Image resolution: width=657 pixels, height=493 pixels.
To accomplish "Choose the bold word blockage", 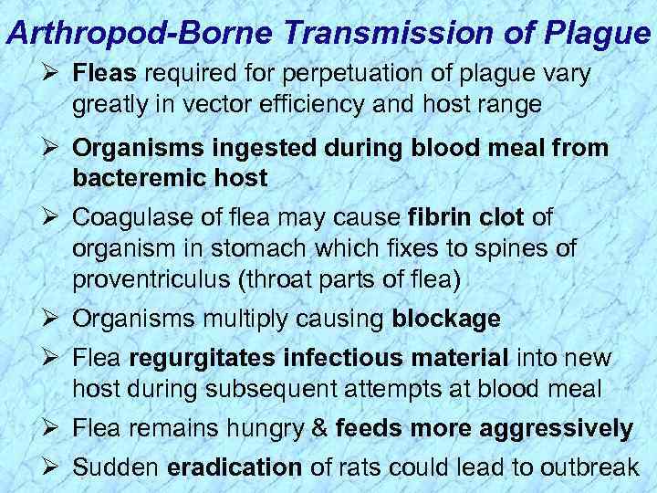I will pos(445,320).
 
